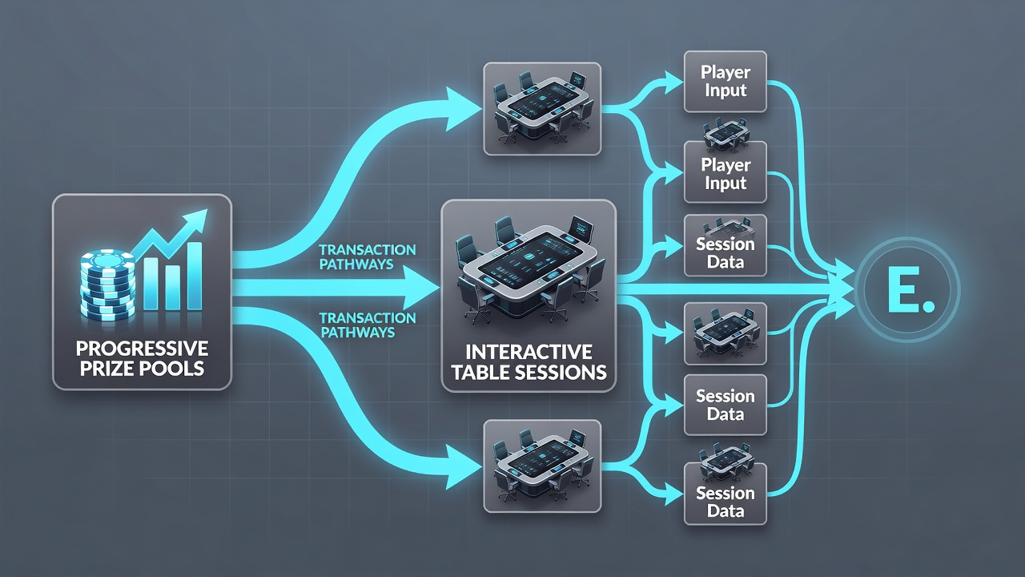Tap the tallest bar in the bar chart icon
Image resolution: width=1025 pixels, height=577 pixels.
point(195,276)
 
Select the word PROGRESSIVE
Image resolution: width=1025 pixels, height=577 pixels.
point(142,349)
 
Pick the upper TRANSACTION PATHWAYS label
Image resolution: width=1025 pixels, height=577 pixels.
point(368,257)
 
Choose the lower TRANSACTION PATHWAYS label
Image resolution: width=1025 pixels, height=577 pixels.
point(368,325)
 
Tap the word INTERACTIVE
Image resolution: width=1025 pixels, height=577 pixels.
point(529,352)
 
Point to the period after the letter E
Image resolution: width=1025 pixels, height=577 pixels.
point(929,306)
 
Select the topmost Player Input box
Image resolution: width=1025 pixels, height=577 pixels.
point(726,82)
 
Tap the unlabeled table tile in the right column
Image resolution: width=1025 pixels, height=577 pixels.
point(726,333)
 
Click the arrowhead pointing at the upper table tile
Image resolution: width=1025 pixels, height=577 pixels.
point(462,109)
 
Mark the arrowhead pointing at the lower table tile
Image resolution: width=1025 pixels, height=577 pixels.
point(462,467)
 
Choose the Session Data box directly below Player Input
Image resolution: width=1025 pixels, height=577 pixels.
point(726,245)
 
